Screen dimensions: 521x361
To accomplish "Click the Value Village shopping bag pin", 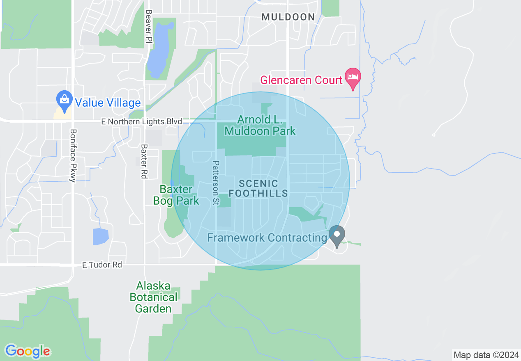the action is click(64, 100).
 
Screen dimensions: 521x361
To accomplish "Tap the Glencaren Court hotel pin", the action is click(353, 78).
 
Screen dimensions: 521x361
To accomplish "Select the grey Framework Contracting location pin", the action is click(337, 236).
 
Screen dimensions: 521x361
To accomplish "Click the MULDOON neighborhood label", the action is click(288, 17).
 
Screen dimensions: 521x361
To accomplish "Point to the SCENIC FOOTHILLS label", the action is click(258, 188).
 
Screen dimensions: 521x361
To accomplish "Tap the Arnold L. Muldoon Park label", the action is click(260, 125).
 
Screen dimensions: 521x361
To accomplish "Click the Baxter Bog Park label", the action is click(176, 195).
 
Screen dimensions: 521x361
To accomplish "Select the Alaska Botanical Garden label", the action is click(154, 297).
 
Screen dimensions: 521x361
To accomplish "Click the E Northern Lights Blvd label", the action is click(142, 122).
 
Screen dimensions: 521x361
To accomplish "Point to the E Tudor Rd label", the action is click(102, 265).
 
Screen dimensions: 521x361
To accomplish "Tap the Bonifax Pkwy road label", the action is click(73, 155).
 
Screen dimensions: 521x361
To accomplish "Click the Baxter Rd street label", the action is click(144, 161).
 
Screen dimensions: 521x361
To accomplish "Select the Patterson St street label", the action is click(215, 183).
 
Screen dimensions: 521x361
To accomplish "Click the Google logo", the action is click(28, 351).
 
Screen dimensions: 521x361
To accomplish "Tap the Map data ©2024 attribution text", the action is click(486, 354).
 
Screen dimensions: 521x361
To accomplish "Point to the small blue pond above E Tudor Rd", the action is click(100, 236).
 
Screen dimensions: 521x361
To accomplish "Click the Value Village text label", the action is click(108, 103).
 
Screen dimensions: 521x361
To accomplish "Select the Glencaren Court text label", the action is click(302, 80).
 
